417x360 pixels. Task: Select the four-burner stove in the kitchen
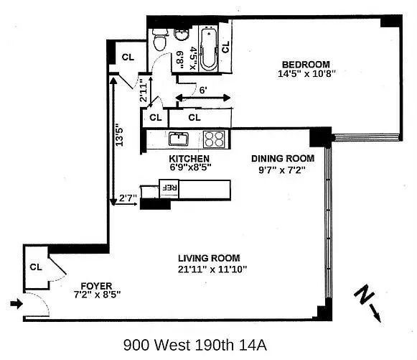(213, 139)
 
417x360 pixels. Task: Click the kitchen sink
(178, 139)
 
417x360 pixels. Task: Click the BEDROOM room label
(305, 63)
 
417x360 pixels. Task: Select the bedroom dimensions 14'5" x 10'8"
(305, 73)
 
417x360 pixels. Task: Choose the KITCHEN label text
(189, 159)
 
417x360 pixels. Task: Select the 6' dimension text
(203, 91)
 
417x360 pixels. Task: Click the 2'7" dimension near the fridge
(128, 198)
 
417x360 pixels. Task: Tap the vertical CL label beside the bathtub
(225, 47)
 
